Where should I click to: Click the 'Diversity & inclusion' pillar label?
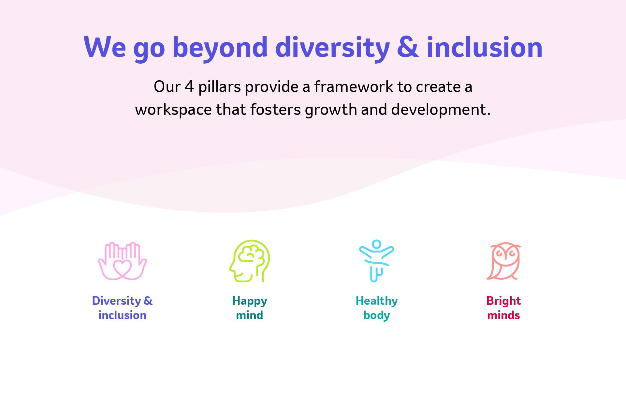pos(122,308)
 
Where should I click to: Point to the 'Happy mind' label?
pos(250,308)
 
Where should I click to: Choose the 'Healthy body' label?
pos(377,308)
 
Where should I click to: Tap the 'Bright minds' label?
pos(503,308)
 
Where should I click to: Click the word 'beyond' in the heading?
pos(220,48)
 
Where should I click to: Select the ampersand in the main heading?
pos(408,48)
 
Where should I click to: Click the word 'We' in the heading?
pos(105,48)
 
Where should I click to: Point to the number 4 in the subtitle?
pos(189,87)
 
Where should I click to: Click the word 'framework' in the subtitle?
pos(354,87)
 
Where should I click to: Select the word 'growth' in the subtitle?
pos(331,110)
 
